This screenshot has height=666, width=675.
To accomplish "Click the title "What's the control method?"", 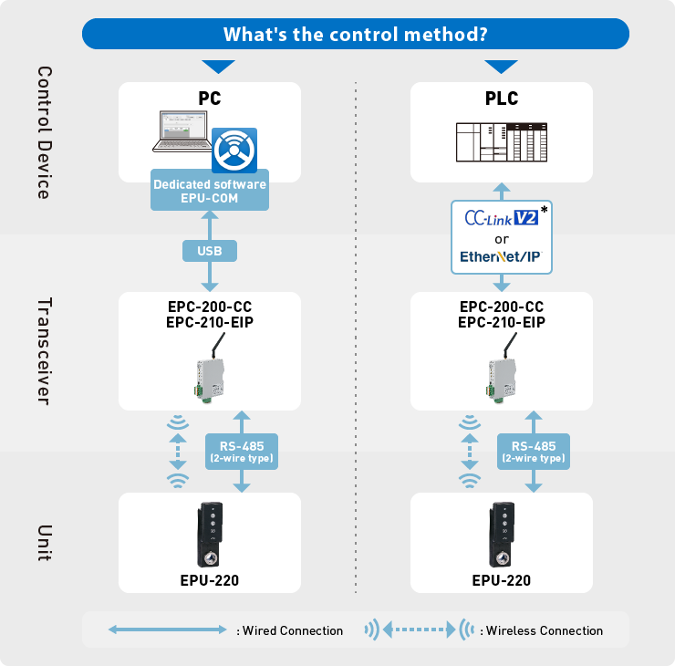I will tap(355, 35).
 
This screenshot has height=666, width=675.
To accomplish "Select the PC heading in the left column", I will tap(210, 99).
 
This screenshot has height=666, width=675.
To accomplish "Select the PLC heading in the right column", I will tap(501, 99).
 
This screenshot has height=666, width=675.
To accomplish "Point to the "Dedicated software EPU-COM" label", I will tap(210, 191).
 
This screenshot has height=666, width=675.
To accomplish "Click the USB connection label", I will tap(210, 250).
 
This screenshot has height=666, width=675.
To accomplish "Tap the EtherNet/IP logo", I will tap(501, 257).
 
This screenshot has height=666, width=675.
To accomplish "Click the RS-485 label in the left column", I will tap(242, 451).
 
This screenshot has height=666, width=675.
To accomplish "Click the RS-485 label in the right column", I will tap(534, 451).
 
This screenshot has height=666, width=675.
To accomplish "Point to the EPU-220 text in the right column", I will tap(501, 580).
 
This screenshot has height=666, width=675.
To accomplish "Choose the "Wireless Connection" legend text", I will tap(545, 630).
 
